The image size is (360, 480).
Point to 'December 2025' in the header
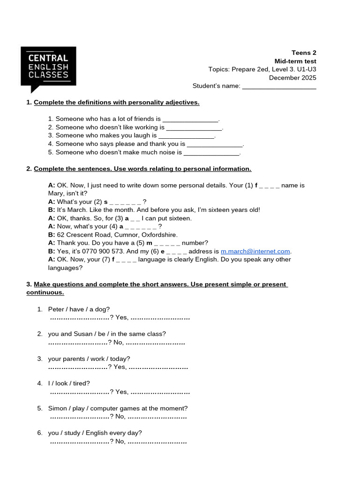[292, 78]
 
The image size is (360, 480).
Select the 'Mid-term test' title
[295, 61]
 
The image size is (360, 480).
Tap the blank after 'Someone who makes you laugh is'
[186, 135]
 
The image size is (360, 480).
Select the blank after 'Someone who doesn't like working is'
[194, 127]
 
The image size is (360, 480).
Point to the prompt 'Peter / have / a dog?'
[79, 309]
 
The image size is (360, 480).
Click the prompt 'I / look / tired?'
[69, 383]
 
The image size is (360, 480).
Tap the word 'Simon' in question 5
[57, 408]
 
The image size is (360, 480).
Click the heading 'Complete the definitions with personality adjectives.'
[117, 102]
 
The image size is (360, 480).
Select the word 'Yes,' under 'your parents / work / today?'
[120, 367]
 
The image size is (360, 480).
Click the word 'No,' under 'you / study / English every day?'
[120, 442]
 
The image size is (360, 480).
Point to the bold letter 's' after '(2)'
[105, 202]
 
